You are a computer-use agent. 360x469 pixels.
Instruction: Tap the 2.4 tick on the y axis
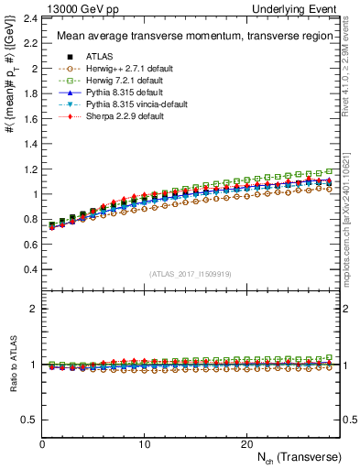30,18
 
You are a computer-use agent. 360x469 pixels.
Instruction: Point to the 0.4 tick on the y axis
30,270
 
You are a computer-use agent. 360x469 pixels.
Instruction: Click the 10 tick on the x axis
144,443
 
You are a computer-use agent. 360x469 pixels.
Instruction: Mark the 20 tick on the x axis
245,443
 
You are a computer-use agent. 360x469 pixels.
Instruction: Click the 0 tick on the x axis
42,443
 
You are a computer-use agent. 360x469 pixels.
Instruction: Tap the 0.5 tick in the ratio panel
30,420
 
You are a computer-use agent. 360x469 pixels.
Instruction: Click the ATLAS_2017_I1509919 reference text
191,274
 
